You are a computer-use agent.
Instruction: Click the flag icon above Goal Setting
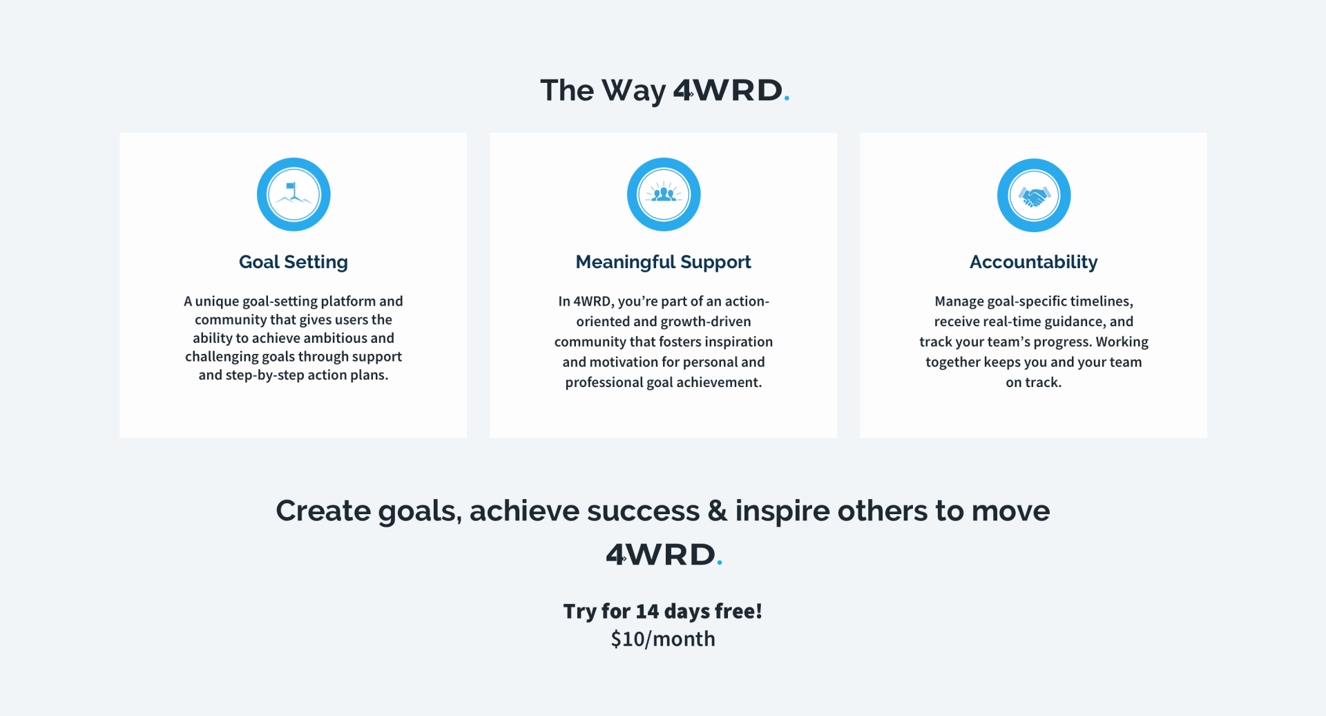294,194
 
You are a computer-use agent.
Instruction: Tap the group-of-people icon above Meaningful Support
664,194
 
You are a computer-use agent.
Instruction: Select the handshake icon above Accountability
1034,196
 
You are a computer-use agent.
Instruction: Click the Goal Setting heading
294,263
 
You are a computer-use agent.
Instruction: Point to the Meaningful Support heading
663,263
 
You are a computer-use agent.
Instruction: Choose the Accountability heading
1034,263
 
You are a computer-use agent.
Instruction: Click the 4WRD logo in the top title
731,91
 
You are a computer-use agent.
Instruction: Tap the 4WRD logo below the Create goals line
664,554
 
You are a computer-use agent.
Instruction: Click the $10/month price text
663,639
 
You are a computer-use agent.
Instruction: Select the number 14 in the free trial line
647,611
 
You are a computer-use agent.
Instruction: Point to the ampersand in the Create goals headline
718,511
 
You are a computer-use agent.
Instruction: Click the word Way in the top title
634,91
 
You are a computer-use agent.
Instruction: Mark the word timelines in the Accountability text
1102,301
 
